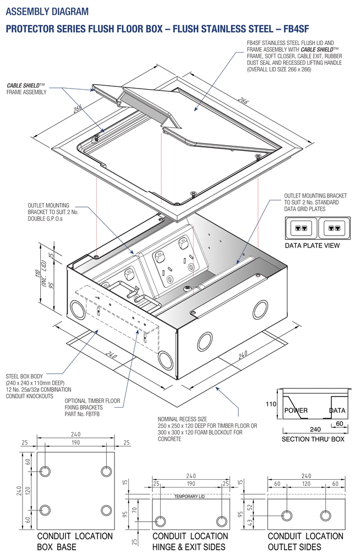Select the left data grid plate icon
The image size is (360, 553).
(x=301, y=227)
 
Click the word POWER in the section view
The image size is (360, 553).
(x=296, y=410)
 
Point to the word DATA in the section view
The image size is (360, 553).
(x=337, y=410)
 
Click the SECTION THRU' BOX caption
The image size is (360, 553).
(x=312, y=440)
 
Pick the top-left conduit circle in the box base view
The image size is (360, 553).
(x=46, y=472)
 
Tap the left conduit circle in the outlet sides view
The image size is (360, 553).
(x=286, y=515)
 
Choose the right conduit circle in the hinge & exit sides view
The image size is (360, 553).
(x=221, y=522)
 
